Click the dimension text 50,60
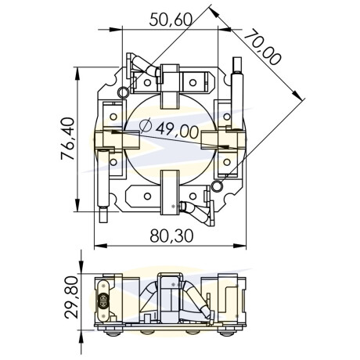pyautogui.click(x=171, y=20)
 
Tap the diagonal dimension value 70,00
pyautogui.click(x=263, y=48)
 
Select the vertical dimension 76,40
pyautogui.click(x=67, y=139)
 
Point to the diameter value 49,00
pyautogui.click(x=177, y=131)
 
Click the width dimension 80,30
pyautogui.click(x=171, y=236)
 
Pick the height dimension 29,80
pyautogui.click(x=71, y=297)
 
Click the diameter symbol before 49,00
pyautogui.click(x=146, y=125)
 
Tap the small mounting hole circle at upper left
pyautogui.click(x=123, y=92)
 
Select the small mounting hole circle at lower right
pyautogui.click(x=217, y=186)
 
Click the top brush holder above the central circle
pyautogui.click(x=170, y=86)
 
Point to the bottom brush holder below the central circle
pyautogui.click(x=170, y=193)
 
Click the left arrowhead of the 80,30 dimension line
pyautogui.click(x=100, y=246)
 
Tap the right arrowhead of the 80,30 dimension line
pyautogui.click(x=239, y=246)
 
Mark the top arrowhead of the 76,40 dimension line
pyautogui.click(x=77, y=74)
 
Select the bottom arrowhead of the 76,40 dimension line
pyautogui.click(x=77, y=205)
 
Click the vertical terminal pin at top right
pyautogui.click(x=237, y=93)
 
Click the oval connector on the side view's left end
pyautogui.click(x=103, y=301)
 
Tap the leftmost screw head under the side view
pyautogui.click(x=113, y=332)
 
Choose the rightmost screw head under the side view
pyautogui.click(x=228, y=332)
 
